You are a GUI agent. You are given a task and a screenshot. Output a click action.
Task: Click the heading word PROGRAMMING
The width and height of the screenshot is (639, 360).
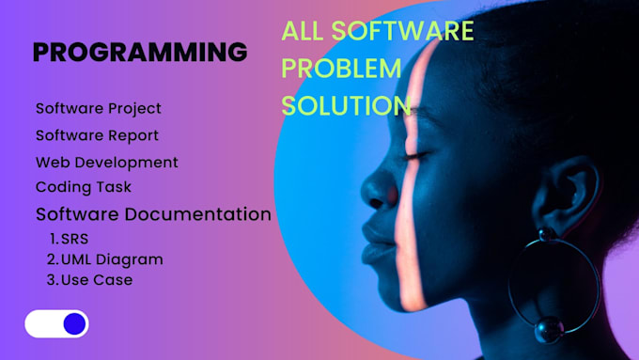point(140,52)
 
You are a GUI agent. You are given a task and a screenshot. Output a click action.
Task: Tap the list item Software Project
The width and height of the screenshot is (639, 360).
point(99,109)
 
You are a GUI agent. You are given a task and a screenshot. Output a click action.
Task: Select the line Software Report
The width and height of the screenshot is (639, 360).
point(97,135)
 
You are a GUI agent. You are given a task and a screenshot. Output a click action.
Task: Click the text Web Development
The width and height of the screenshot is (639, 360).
point(107,162)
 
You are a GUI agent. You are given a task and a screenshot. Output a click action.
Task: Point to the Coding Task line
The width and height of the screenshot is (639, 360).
point(84,187)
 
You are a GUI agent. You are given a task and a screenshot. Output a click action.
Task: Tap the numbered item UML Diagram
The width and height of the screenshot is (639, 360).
point(112,259)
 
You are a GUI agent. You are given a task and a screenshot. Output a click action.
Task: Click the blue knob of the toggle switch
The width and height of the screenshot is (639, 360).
point(74,324)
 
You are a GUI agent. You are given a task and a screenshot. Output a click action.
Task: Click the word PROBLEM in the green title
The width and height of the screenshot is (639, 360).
point(342,69)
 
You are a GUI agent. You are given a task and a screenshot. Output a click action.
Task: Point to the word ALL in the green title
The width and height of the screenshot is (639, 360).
point(303,31)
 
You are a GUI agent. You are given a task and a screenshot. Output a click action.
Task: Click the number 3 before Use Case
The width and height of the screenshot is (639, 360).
point(52,280)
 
